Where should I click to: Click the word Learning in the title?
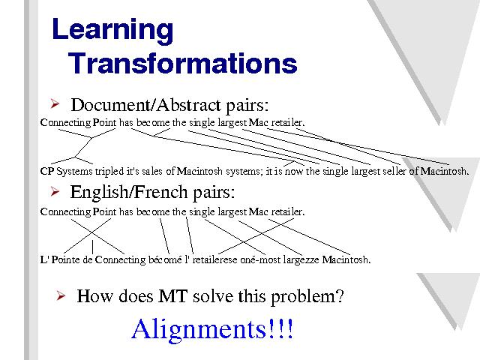pos(112,30)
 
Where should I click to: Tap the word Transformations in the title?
pos(182,63)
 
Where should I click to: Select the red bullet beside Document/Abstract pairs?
pos(55,103)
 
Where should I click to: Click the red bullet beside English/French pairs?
pos(55,191)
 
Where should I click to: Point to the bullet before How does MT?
pos(61,295)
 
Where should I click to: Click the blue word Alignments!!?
pos(212,329)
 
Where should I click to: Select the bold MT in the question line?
pos(172,296)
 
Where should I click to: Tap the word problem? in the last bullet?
pos(307,298)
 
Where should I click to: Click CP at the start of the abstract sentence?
pos(46,171)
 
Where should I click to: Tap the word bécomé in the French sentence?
pos(165,259)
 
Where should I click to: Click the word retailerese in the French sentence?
pos(214,260)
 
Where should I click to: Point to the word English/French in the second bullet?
pos(129,192)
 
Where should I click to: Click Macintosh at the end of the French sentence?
pos(346,259)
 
